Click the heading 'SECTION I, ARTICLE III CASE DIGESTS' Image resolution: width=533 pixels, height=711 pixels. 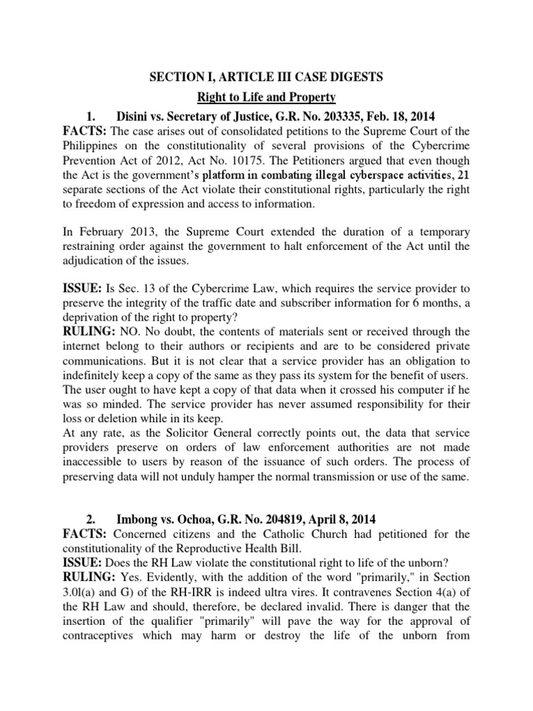(x=267, y=77)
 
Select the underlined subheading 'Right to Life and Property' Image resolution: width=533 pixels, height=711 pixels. (x=267, y=97)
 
